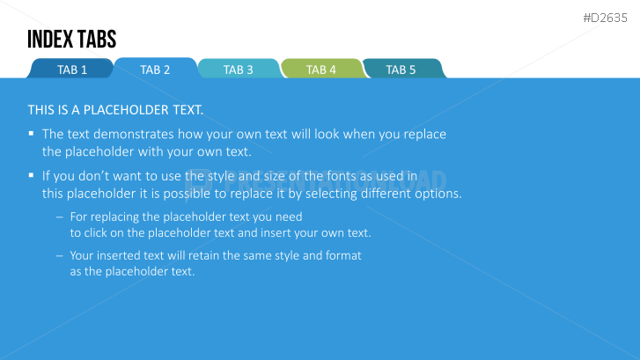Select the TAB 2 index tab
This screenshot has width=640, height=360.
click(156, 68)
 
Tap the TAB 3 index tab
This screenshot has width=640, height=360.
click(239, 69)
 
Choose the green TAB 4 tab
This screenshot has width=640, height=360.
click(322, 69)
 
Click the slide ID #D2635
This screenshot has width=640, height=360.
click(605, 18)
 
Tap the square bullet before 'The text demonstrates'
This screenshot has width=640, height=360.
click(31, 133)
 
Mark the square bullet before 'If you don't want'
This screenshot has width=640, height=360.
click(31, 175)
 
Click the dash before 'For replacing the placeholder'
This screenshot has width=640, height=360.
click(60, 217)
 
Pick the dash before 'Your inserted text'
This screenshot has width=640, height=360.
click(60, 256)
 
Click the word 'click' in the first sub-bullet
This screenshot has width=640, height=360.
click(96, 232)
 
